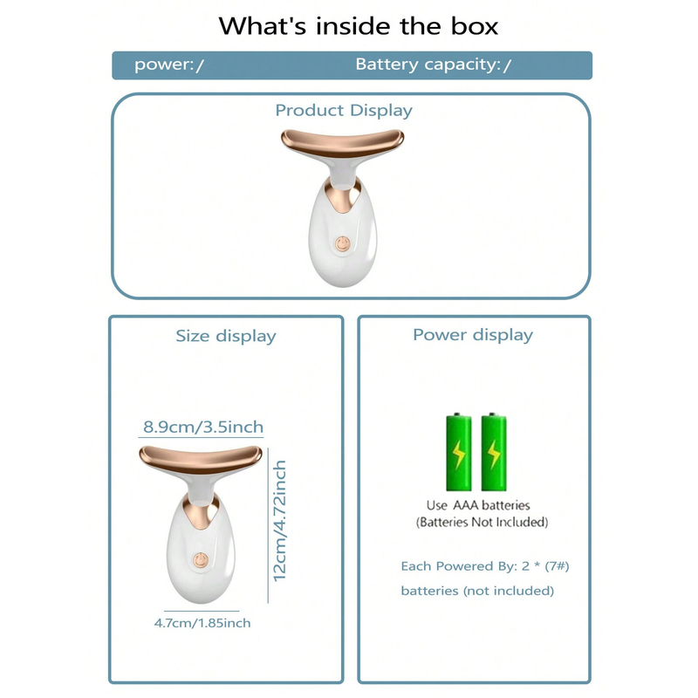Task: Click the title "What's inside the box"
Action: (x=358, y=26)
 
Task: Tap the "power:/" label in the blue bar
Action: (x=169, y=65)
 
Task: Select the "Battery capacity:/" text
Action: (x=433, y=65)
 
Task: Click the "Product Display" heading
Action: (x=344, y=111)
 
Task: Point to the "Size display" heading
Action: (x=226, y=336)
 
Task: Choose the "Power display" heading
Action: (x=473, y=335)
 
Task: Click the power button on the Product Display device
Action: (x=342, y=244)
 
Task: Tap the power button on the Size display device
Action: (x=201, y=560)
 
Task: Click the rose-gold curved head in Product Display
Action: (x=342, y=142)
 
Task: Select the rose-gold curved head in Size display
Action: (x=201, y=459)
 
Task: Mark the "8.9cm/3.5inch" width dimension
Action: (x=203, y=427)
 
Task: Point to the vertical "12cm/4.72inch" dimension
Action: (x=279, y=521)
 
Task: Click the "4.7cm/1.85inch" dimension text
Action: (x=202, y=623)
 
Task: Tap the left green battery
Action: (x=459, y=452)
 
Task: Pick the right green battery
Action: (x=494, y=452)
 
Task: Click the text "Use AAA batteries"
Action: (x=478, y=505)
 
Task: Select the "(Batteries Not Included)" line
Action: (x=482, y=522)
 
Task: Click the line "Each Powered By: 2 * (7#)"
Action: (x=485, y=566)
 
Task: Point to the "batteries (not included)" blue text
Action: (x=477, y=591)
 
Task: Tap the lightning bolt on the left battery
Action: (x=459, y=455)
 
